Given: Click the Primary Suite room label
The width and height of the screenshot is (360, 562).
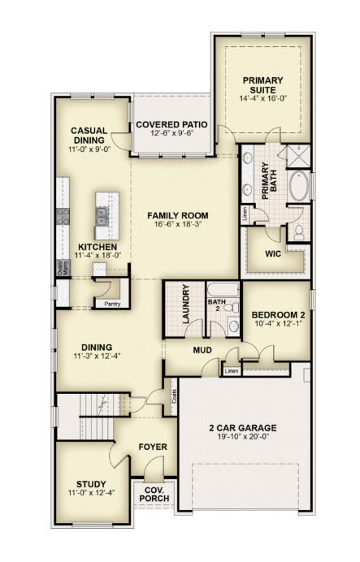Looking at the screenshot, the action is [262, 85].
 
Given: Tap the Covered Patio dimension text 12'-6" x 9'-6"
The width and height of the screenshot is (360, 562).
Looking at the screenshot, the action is [171, 133].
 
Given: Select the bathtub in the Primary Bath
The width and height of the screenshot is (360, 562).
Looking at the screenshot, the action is [299, 185].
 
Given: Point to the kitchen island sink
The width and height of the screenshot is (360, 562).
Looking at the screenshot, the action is [102, 217].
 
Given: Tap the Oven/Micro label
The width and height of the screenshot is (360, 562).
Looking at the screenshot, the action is [63, 267].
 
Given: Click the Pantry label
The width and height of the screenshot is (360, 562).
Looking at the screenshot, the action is [112, 304].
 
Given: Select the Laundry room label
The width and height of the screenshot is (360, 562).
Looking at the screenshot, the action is [185, 304].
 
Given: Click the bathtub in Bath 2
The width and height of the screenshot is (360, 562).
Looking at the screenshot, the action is [223, 289].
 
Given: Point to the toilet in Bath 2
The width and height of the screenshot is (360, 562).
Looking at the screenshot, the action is [233, 307].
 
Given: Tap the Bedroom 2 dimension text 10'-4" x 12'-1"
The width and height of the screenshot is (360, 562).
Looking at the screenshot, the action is [278, 323].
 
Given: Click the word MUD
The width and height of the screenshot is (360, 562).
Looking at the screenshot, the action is [202, 350].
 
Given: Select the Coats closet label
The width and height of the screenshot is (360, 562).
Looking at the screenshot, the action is [174, 396].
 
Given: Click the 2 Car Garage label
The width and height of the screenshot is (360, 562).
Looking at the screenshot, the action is [243, 428].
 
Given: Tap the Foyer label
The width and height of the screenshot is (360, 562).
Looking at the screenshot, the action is [153, 447].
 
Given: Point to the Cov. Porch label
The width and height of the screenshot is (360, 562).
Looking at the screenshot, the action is [154, 495].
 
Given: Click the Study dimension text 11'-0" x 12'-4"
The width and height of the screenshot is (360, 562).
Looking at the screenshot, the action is [91, 493].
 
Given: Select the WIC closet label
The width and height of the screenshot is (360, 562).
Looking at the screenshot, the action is [273, 254].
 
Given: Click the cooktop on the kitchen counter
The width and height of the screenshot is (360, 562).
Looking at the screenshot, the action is [63, 217].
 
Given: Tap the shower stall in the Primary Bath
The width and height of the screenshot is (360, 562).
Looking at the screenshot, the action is [299, 156].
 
